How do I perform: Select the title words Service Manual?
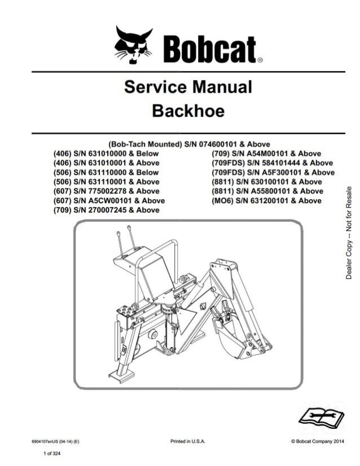[x=187, y=87]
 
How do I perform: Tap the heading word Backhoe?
[x=188, y=111]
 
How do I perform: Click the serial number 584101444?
[x=286, y=163]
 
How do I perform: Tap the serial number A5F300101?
[x=285, y=173]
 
